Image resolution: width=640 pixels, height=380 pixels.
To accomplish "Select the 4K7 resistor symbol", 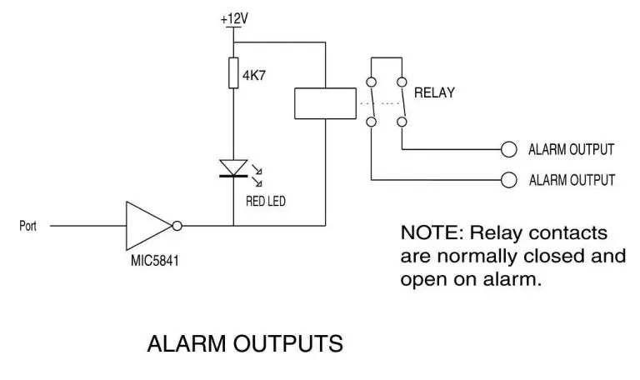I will pyautogui.click(x=233, y=72).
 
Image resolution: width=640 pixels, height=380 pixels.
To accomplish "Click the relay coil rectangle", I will pyautogui.click(x=322, y=103).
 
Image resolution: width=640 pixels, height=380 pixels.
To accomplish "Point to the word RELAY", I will pyautogui.click(x=435, y=92).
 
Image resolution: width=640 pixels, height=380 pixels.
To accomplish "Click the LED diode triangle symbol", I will pyautogui.click(x=233, y=167).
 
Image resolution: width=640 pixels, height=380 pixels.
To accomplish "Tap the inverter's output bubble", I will pyautogui.click(x=177, y=225).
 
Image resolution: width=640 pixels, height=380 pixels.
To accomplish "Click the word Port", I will pyautogui.click(x=28, y=226).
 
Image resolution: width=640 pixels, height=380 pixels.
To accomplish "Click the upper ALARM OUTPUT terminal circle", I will pyautogui.click(x=508, y=150).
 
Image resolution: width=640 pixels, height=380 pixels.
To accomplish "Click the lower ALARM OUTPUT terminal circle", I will pyautogui.click(x=508, y=179).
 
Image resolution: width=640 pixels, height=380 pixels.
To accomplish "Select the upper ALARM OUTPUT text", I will pyautogui.click(x=571, y=150).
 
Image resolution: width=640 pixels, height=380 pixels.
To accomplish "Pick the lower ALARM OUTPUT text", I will pyautogui.click(x=571, y=179).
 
